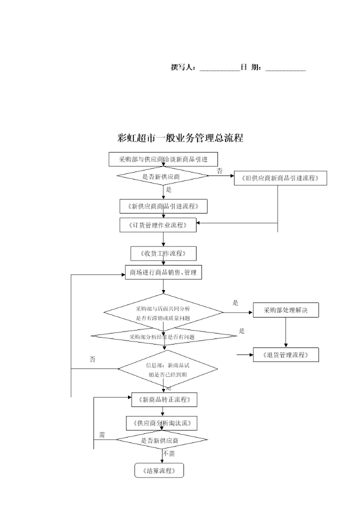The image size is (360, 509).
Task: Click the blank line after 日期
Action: tap(285, 69)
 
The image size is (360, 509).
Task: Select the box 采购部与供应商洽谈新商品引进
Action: tap(163, 159)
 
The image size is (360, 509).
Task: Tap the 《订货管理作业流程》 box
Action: tap(158, 225)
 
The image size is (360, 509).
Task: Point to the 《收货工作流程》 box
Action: tap(163, 253)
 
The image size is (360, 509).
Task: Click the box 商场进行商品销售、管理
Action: tap(163, 272)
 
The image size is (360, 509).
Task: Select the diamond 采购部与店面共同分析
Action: tap(163, 312)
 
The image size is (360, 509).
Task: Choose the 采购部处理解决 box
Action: tap(285, 310)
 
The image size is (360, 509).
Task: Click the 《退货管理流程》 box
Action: tap(285, 355)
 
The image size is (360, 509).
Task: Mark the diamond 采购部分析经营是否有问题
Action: tap(163, 336)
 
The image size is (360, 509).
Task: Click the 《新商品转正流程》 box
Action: tap(163, 399)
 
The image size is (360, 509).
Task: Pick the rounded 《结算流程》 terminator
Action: tap(159, 470)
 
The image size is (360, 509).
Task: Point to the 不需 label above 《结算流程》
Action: tap(169, 453)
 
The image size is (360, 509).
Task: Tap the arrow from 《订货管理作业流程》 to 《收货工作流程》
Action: tap(163, 239)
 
